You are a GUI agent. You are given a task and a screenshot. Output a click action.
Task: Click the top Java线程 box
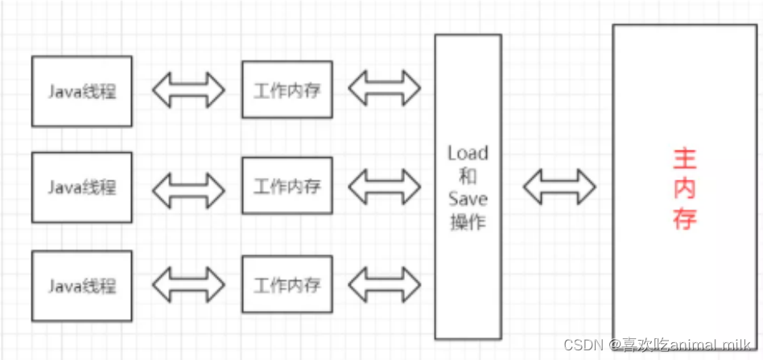tap(82, 91)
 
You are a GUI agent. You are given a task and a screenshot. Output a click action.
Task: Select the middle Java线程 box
tap(82, 188)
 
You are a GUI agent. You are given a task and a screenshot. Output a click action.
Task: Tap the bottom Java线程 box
tap(82, 285)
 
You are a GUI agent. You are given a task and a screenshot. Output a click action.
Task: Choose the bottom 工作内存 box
tap(287, 285)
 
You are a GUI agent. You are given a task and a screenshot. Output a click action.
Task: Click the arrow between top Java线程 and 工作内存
tap(188, 90)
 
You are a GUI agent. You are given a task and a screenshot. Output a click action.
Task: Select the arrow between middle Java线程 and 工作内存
tap(188, 188)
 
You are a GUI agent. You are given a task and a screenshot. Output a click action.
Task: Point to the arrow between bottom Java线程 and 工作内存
tap(188, 285)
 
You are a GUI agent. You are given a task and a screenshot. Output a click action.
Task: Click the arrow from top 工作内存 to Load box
tap(384, 89)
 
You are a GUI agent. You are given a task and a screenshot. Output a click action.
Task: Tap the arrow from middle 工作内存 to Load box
tap(384, 188)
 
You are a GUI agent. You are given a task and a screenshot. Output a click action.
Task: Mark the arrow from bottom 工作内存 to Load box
tap(384, 285)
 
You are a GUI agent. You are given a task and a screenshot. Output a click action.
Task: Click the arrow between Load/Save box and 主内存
tap(559, 188)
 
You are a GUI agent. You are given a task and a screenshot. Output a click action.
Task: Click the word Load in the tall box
tap(467, 153)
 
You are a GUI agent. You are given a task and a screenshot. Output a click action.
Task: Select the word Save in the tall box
tap(467, 199)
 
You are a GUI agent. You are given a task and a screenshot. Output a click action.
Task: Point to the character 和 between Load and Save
tap(467, 176)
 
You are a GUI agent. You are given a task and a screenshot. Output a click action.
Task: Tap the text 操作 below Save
tap(467, 221)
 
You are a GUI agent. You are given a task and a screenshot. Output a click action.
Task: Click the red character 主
tap(684, 159)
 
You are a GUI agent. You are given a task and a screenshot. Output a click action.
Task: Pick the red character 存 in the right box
tap(684, 218)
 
